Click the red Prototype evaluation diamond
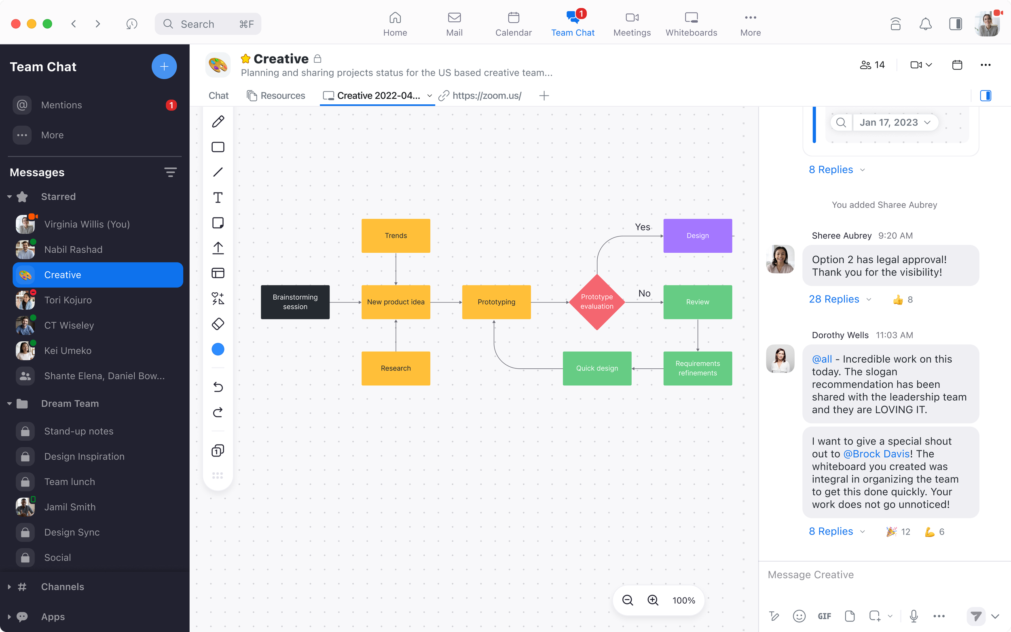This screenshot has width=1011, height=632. pyautogui.click(x=597, y=302)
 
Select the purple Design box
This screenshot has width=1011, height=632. pyautogui.click(x=697, y=236)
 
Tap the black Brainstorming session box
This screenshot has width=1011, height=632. pyautogui.click(x=295, y=302)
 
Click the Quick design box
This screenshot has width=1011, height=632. pyautogui.click(x=597, y=368)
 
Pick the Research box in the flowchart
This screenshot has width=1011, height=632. pyautogui.click(x=396, y=368)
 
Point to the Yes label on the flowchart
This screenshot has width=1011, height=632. pyautogui.click(x=642, y=227)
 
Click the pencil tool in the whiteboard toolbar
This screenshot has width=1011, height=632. pyautogui.click(x=218, y=122)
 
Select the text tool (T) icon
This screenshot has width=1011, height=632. pyautogui.click(x=218, y=198)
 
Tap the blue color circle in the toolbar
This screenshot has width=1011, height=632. pyautogui.click(x=218, y=349)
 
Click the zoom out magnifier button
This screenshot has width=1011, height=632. pyautogui.click(x=627, y=600)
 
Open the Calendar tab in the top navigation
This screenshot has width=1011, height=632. pyautogui.click(x=513, y=24)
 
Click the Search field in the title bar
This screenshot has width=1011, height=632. pyautogui.click(x=208, y=24)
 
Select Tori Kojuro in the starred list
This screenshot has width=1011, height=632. pyautogui.click(x=68, y=300)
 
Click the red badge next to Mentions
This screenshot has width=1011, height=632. pyautogui.click(x=171, y=105)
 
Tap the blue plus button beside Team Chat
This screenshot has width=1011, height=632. pyautogui.click(x=164, y=66)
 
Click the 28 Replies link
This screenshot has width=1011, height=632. pyautogui.click(x=834, y=299)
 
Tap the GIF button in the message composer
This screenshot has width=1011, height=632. pyautogui.click(x=824, y=616)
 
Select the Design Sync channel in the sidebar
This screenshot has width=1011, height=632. pyautogui.click(x=72, y=532)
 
